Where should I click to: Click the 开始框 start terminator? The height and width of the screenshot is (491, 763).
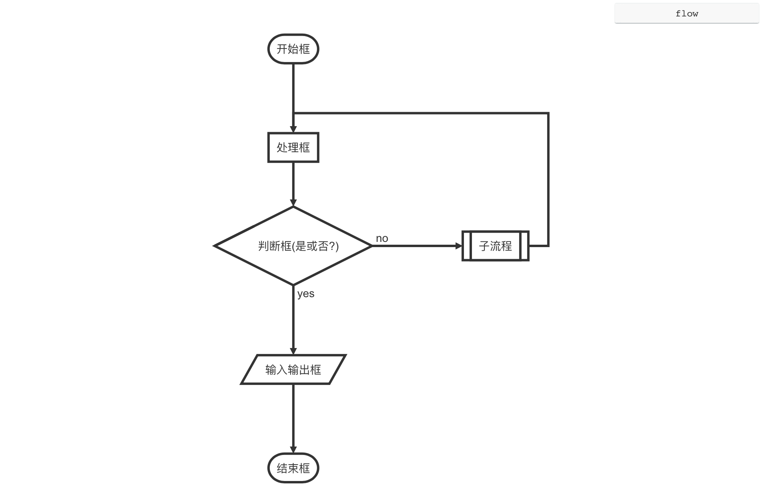pos(293,49)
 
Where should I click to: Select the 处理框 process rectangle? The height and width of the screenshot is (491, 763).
pos(293,147)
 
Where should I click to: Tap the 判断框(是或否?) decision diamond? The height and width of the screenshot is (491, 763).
pos(293,246)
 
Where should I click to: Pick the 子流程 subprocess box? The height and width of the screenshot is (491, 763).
pos(495,246)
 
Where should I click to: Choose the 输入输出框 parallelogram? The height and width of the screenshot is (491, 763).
pos(293,369)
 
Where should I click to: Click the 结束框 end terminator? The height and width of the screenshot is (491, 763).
pos(293,468)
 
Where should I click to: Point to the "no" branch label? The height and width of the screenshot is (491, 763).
pos(382,238)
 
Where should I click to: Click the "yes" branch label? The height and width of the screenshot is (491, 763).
pos(306,294)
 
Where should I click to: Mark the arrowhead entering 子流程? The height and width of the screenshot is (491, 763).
pos(459,246)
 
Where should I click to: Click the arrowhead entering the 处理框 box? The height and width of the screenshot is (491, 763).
pos(293,129)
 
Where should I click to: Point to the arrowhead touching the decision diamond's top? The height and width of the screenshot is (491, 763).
pos(293,203)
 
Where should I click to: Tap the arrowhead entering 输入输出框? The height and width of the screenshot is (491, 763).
pos(293,351)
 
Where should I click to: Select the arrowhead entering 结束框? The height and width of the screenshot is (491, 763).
pos(293,450)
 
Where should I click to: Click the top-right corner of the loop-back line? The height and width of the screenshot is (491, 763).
pos(548,113)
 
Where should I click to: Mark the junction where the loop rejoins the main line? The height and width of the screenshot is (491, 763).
pos(293,113)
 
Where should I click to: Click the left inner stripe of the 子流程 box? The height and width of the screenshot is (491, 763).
pos(467,246)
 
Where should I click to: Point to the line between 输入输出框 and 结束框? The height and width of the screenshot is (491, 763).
pos(293,417)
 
